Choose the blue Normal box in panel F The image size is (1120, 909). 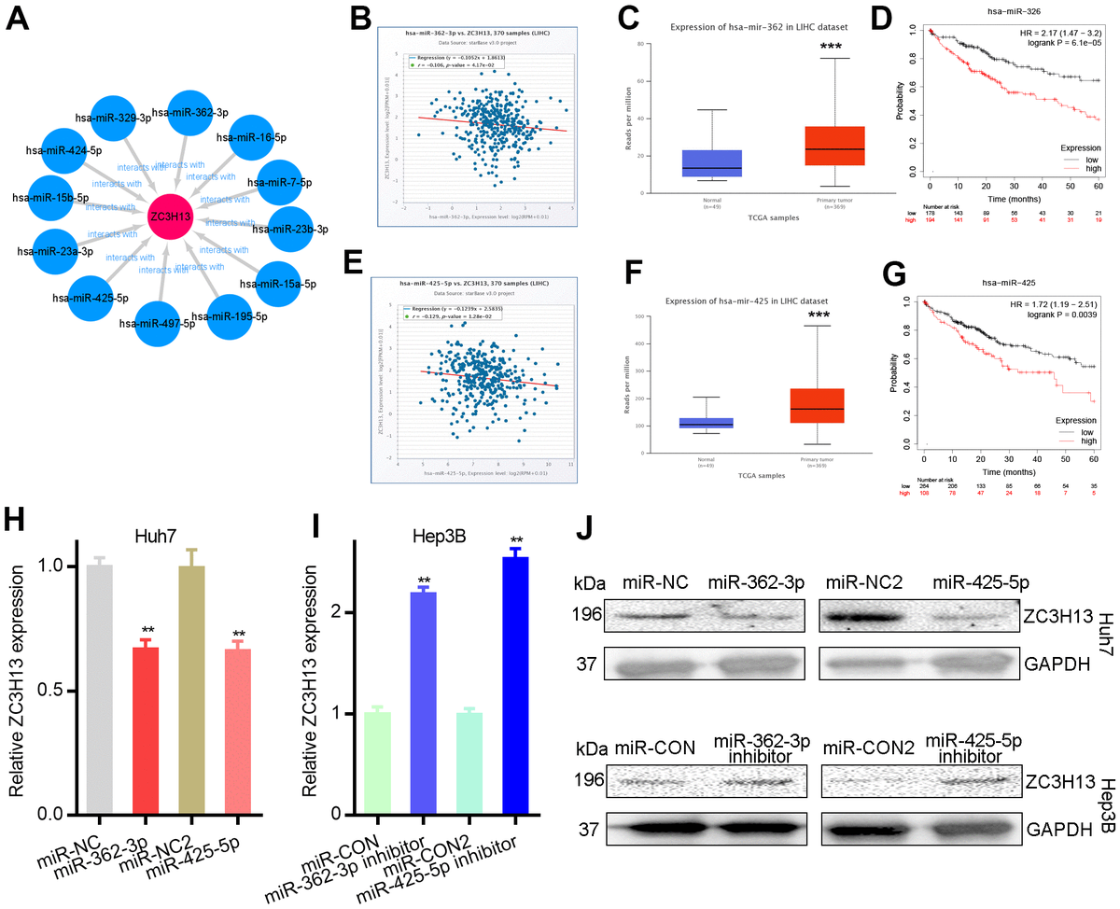707,422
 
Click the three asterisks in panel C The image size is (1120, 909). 837,48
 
